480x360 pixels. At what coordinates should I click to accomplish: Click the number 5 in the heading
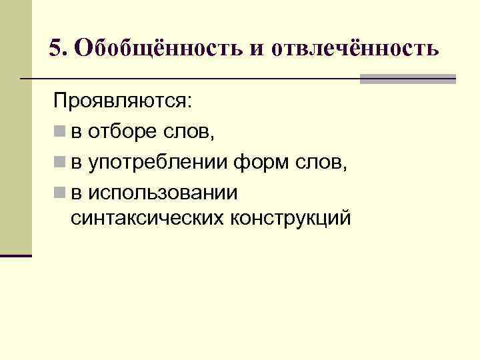click(x=55, y=48)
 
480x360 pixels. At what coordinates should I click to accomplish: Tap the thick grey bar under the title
click(x=407, y=79)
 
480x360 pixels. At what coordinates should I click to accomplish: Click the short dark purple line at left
click(x=16, y=255)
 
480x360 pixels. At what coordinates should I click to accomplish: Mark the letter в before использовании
click(x=75, y=193)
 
